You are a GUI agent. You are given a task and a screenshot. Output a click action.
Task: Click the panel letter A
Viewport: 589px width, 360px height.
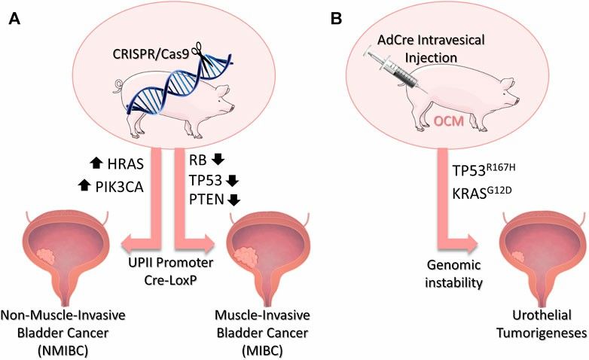14,16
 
